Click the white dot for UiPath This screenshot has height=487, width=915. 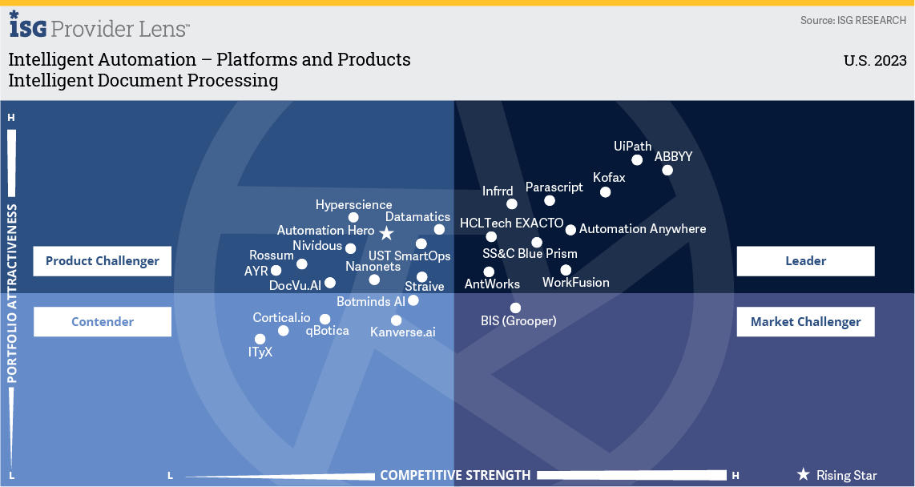637,160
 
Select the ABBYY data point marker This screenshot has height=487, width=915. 667,170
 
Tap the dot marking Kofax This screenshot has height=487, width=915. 605,192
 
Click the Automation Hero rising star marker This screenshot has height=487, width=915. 386,233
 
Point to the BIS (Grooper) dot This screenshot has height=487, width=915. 515,308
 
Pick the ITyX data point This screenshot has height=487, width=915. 260,340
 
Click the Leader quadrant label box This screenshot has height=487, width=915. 805,261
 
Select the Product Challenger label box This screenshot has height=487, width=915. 103,261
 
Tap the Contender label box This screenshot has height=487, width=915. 103,322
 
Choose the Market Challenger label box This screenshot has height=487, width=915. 805,322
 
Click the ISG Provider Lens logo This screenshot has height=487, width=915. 99,27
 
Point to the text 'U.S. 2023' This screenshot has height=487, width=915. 875,61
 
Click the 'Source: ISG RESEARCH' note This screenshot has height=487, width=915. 853,20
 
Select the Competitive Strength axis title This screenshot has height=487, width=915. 455,475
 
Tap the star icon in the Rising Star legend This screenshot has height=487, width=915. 804,475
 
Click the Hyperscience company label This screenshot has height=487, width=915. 353,206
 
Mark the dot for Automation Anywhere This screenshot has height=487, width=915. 570,230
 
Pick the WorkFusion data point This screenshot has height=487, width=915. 566,270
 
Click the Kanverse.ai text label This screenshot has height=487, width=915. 403,332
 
